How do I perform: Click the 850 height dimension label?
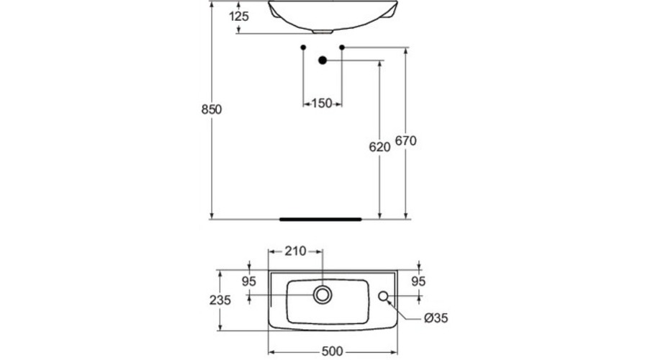211,109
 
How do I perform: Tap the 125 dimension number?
239,17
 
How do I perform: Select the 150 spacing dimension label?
322,103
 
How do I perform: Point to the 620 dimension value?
379,147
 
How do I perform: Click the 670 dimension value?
406,141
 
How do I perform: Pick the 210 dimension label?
295,251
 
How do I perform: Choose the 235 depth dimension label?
220,300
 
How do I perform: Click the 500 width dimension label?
332,351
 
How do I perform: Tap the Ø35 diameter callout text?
436,318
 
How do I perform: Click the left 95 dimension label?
249,282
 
